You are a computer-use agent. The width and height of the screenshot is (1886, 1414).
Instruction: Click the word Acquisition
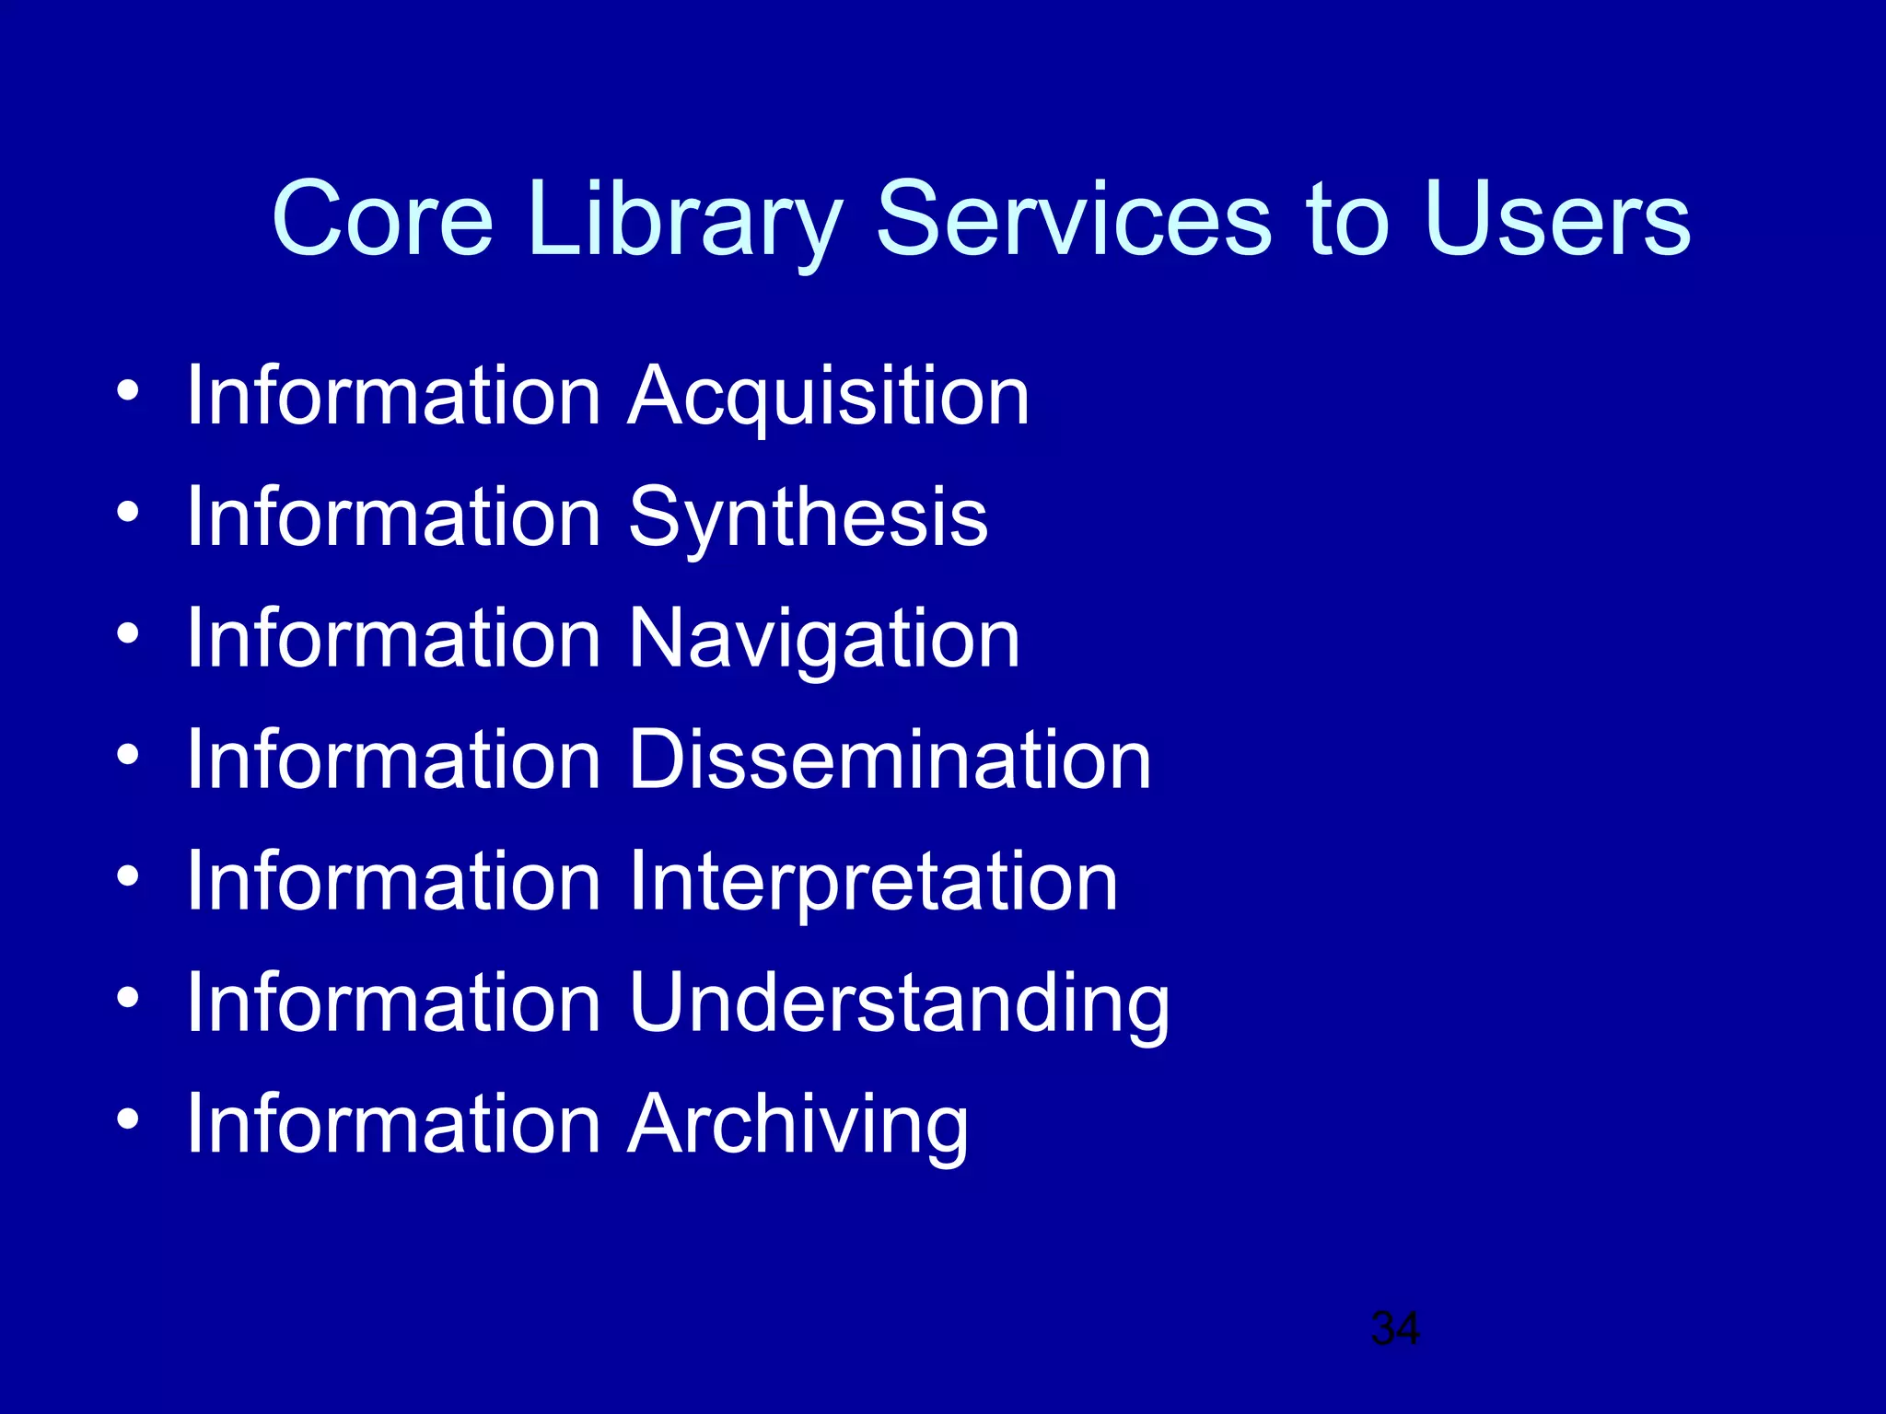tap(828, 397)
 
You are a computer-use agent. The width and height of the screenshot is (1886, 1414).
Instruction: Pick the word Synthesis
tap(808, 518)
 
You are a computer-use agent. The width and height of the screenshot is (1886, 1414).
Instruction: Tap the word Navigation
tap(823, 639)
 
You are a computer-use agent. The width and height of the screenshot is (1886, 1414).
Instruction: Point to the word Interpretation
tap(872, 881)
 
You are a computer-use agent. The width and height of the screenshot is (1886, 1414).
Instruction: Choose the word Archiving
tap(797, 1124)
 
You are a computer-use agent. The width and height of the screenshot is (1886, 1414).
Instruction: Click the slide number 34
tap(1395, 1328)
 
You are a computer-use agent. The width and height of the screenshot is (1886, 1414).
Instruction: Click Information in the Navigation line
tap(393, 639)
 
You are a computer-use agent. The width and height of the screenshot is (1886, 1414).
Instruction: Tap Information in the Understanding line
tap(393, 1003)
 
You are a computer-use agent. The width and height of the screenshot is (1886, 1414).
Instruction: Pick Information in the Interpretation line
tap(393, 881)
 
